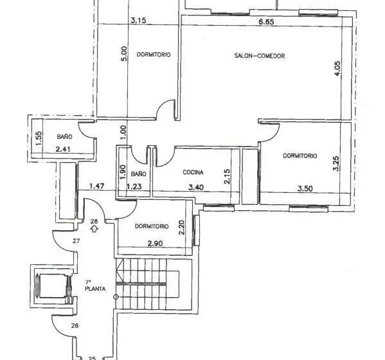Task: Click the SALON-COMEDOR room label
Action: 260,56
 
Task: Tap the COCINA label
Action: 193,172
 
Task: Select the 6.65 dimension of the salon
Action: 266,22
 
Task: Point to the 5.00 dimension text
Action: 124,54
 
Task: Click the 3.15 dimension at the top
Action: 138,20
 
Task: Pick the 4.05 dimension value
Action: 337,68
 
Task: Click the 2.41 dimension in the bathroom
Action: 63,149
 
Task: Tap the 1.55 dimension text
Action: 39,139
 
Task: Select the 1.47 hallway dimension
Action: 97,186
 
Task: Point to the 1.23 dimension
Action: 134,186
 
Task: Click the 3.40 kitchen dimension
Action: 196,187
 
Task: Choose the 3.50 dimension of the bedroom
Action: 305,188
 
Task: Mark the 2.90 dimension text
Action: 155,244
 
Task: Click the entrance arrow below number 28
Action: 94,229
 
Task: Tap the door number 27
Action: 76,241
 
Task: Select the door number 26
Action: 75,326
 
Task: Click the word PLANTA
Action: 95,289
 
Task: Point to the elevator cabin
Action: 53,286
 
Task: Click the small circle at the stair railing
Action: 116,297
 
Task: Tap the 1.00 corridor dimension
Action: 123,132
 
